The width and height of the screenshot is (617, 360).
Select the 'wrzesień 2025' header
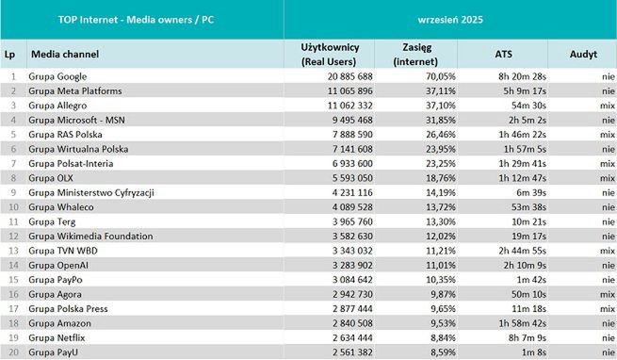click(450, 19)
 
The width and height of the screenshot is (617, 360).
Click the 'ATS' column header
click(504, 54)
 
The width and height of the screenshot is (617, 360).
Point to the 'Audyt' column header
click(583, 54)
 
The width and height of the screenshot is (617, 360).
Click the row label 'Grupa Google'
click(58, 76)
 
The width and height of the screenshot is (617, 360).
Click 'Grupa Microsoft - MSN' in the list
click(78, 120)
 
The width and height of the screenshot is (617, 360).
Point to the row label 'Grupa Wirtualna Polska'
click(78, 149)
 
